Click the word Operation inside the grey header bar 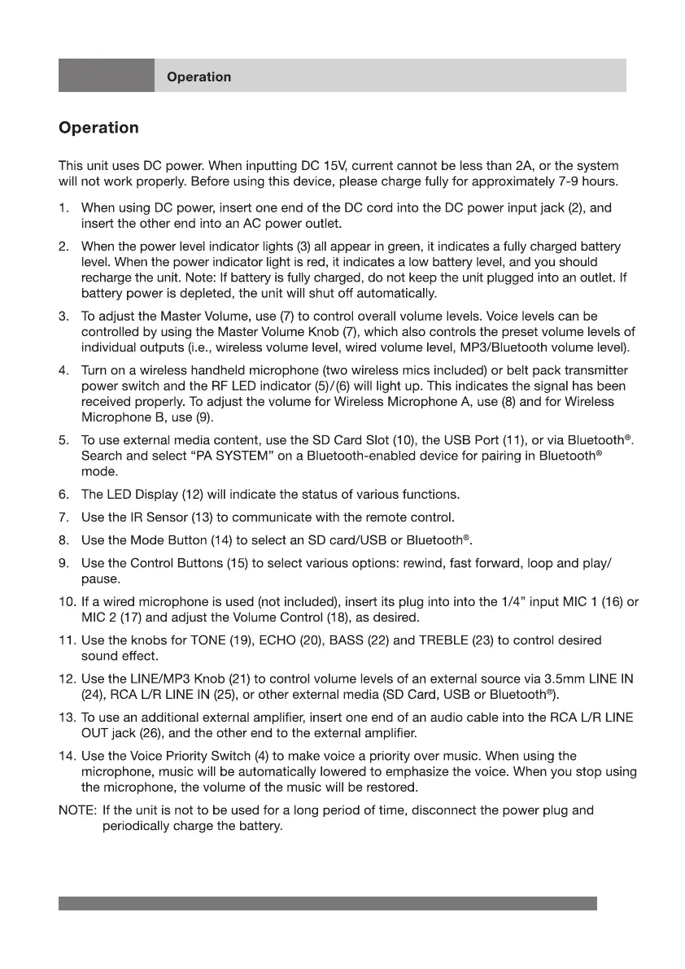click(199, 77)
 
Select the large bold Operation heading click(98, 129)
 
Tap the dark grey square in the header click(106, 76)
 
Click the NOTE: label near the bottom click(78, 810)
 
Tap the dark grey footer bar click(327, 903)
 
